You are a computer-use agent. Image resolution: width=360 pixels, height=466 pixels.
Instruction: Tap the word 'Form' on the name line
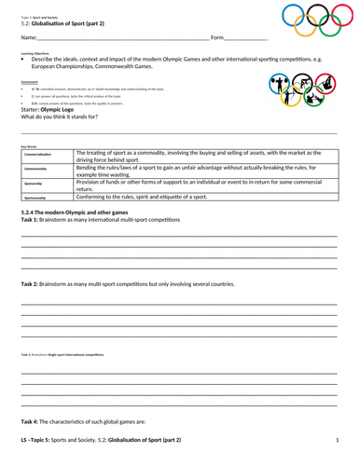pyautogui.click(x=217, y=38)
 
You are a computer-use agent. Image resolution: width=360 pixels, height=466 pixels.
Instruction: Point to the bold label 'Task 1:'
pyautogui.click(x=31, y=221)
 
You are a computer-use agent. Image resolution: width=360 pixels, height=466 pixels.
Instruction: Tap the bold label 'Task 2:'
pyautogui.click(x=31, y=283)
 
